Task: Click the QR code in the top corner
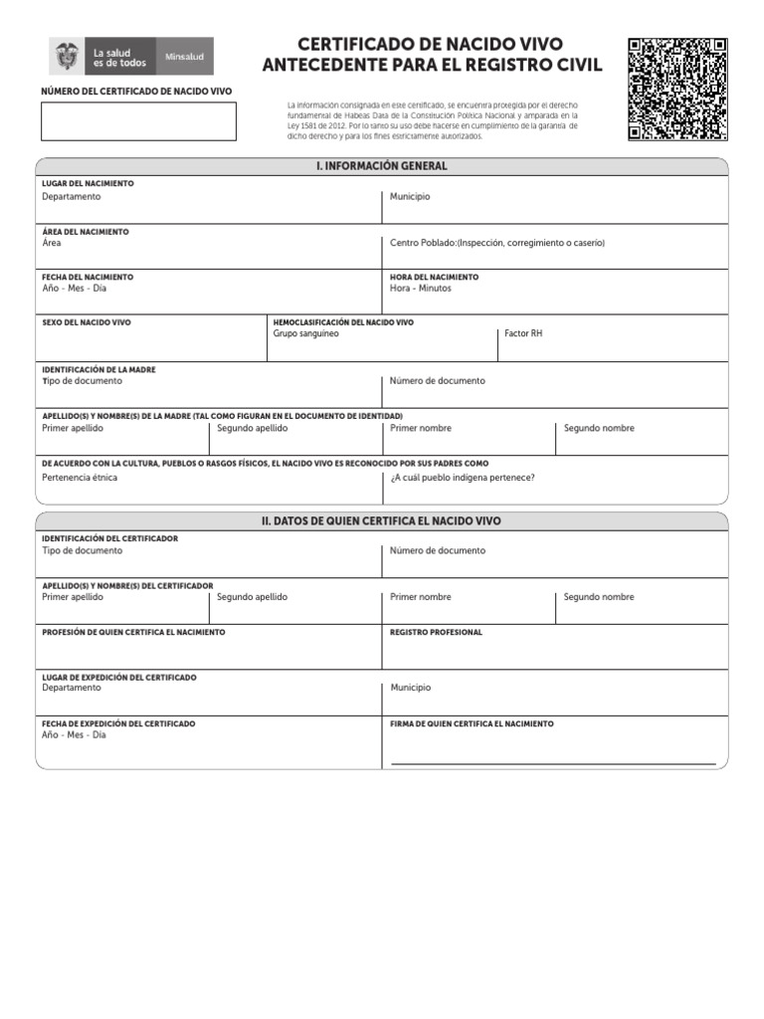tap(677, 90)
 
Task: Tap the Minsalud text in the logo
tap(184, 57)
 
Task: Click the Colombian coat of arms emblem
tap(68, 57)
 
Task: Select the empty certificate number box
tap(138, 121)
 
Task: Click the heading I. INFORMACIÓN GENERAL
tap(381, 166)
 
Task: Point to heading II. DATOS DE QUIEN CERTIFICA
tap(381, 521)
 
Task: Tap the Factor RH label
tap(523, 333)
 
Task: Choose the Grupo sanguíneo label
tap(305, 333)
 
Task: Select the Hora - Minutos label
tap(420, 289)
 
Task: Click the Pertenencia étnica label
tap(80, 478)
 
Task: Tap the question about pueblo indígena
tap(462, 478)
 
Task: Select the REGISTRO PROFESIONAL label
tap(436, 632)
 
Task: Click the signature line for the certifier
tap(553, 762)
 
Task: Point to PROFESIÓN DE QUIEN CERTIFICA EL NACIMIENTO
tap(133, 632)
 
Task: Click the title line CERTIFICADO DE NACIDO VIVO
tap(431, 44)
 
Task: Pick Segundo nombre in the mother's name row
tap(599, 428)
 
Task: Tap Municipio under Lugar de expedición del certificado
tap(410, 688)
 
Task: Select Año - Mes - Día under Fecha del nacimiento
tap(74, 289)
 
